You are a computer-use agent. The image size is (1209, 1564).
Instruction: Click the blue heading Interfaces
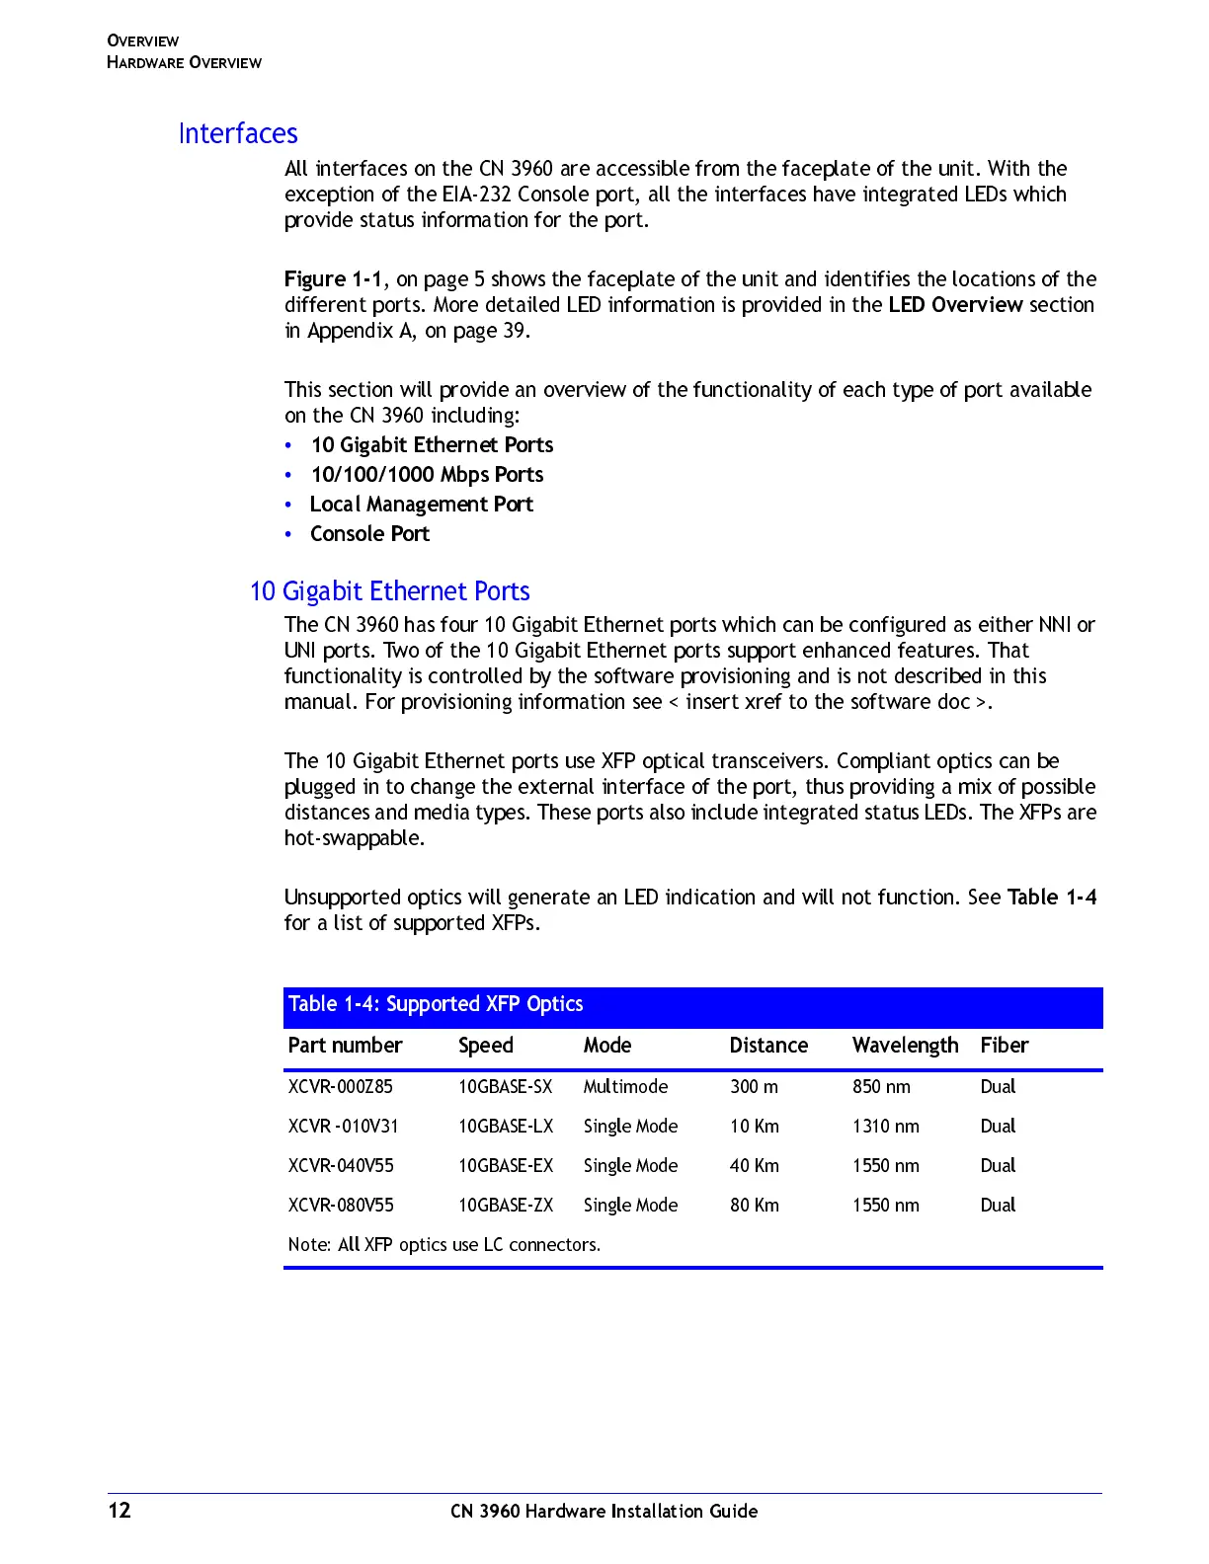point(238,133)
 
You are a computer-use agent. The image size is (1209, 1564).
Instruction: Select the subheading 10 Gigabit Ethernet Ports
point(390,591)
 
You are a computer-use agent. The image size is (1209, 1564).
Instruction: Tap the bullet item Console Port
point(369,534)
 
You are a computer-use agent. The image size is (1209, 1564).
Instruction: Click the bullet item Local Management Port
point(421,505)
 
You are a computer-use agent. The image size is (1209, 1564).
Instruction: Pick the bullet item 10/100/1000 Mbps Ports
point(427,475)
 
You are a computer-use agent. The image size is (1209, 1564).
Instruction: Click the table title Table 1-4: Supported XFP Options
point(436,1004)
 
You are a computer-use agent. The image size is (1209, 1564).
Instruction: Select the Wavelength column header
point(905,1046)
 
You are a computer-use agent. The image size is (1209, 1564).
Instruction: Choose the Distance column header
point(768,1046)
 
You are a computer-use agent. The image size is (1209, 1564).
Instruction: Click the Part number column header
point(345,1046)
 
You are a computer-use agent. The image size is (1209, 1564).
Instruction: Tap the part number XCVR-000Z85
point(340,1087)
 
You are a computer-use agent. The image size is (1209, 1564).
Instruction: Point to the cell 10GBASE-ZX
point(506,1206)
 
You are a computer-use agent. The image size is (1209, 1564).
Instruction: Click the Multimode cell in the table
point(625,1087)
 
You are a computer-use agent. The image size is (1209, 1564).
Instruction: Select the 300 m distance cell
point(754,1087)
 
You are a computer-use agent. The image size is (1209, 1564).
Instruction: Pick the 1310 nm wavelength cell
point(885,1127)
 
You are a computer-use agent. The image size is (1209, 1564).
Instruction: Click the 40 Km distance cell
point(754,1166)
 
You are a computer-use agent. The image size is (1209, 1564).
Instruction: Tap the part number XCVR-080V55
point(341,1206)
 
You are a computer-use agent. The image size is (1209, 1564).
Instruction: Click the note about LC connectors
point(443,1245)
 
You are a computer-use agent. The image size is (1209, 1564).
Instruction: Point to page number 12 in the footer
point(120,1511)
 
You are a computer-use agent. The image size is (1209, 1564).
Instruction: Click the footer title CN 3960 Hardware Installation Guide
point(604,1512)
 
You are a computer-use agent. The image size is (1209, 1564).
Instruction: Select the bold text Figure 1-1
point(333,279)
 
